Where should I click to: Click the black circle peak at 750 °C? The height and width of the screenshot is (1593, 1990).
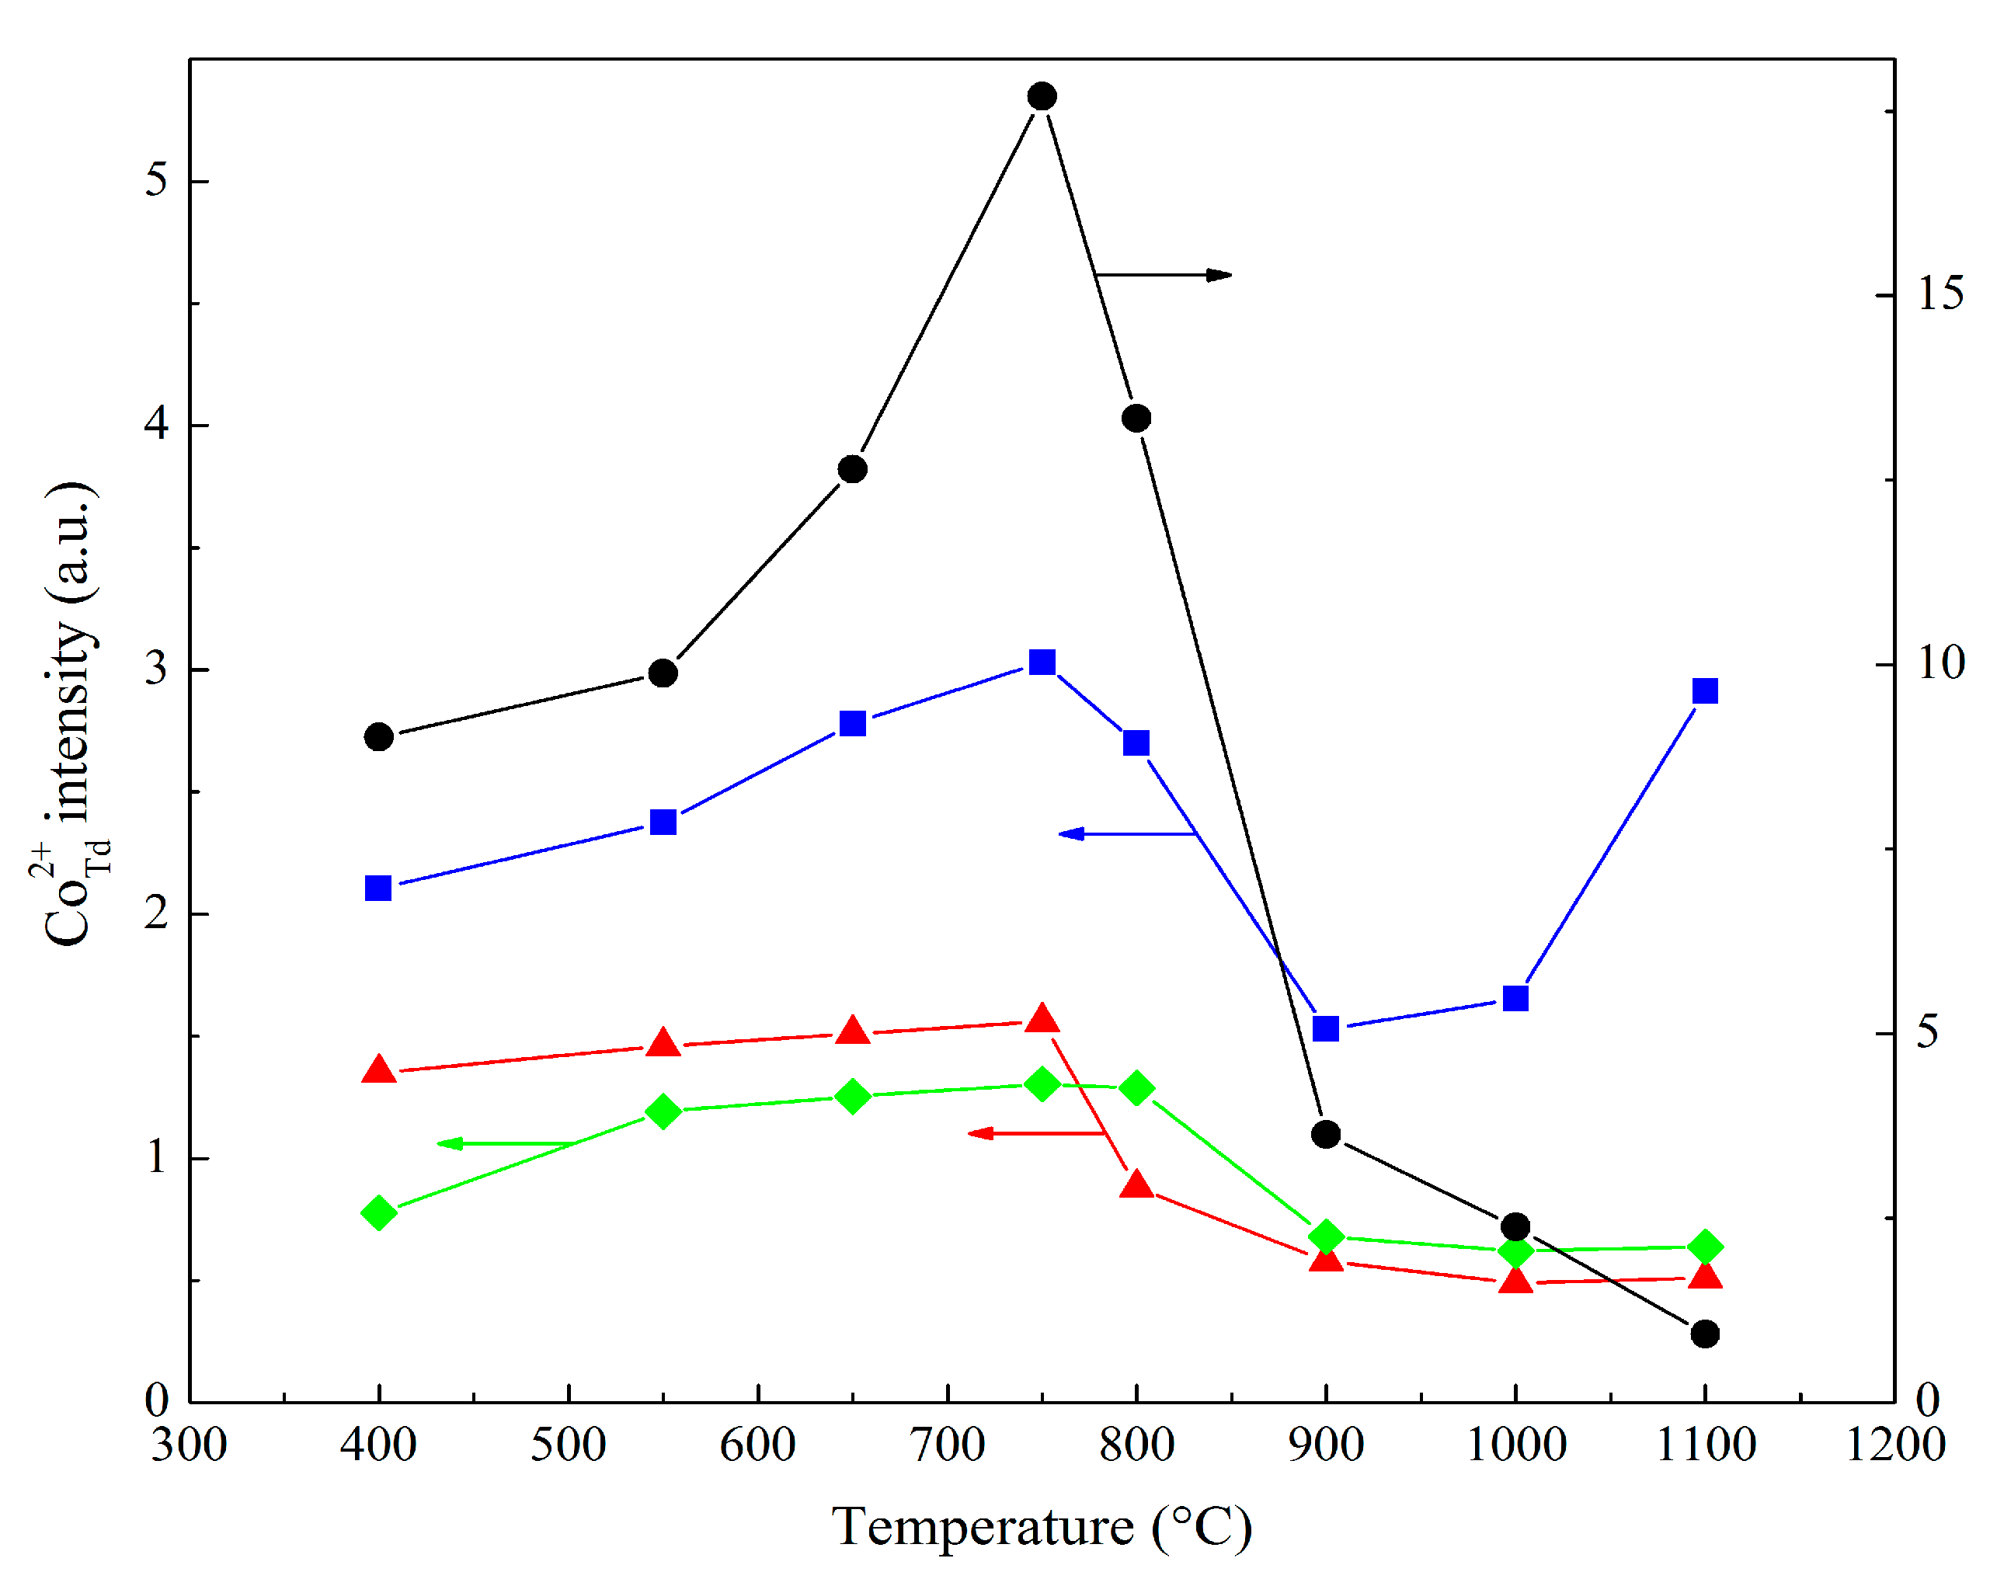tap(1042, 96)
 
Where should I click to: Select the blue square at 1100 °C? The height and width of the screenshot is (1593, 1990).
tap(1705, 690)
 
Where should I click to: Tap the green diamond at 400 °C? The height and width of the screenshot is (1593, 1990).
tap(378, 1212)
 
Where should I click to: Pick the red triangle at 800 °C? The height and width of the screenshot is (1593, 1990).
tap(1136, 1185)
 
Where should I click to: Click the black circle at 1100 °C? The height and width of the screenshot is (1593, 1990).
tap(1705, 1334)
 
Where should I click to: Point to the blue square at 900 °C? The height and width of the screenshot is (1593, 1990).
tap(1325, 1028)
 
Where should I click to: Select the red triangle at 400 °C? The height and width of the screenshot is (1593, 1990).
tap(378, 1070)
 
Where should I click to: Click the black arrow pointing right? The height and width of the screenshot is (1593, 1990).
tap(1163, 275)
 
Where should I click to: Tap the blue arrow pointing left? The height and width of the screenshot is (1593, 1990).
tap(1126, 833)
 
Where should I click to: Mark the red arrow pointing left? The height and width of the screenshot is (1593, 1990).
tap(1035, 1132)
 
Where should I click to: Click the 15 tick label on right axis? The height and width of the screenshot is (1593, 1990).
tap(1940, 294)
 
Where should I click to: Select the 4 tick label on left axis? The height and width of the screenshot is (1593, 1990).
tap(157, 425)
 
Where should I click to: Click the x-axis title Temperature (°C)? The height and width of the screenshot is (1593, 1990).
tap(1041, 1526)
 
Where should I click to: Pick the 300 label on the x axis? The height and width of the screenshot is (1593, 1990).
tap(190, 1445)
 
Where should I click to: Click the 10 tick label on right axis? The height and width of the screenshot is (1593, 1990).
tap(1940, 663)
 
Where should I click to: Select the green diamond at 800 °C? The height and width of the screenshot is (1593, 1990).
tap(1136, 1088)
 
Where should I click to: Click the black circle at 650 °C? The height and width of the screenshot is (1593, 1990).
tap(852, 469)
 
